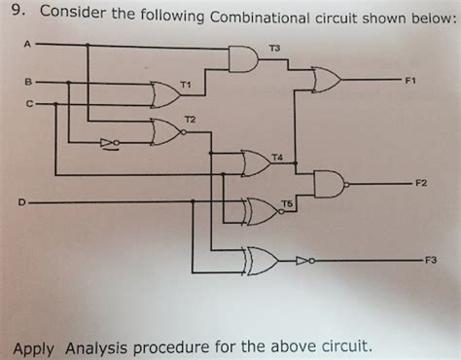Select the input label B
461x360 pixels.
click(27, 81)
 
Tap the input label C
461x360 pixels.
click(28, 102)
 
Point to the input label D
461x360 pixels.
click(20, 202)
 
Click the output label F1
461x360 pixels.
click(410, 81)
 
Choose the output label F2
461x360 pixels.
click(420, 182)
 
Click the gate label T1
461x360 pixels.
click(185, 87)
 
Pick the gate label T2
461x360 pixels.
click(190, 118)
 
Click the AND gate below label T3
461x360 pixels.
click(243, 61)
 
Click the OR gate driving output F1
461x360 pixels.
click(325, 80)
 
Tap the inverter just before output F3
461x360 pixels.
click(305, 260)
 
